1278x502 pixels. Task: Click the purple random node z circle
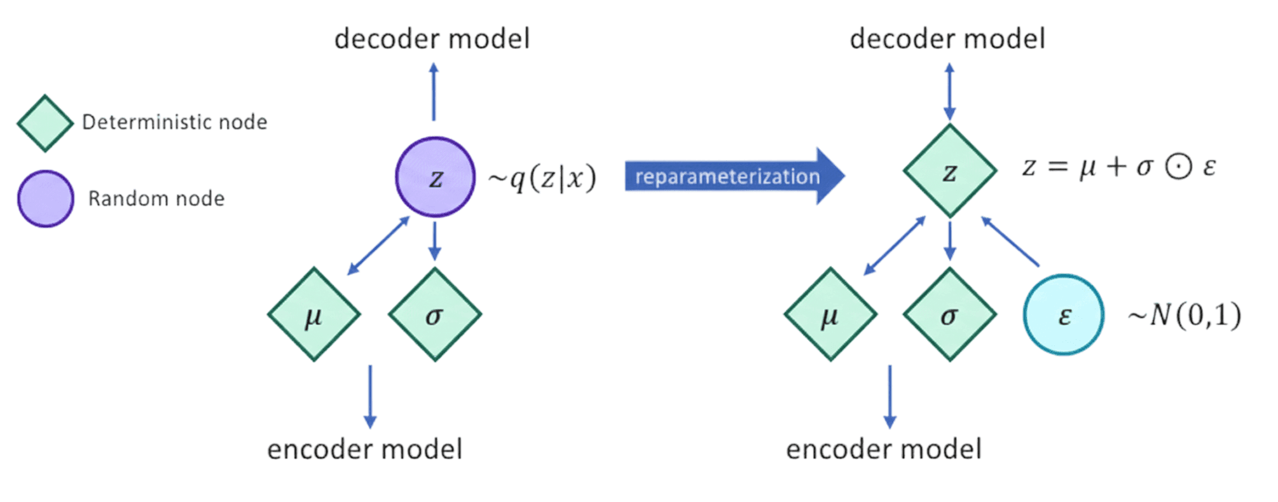pos(435,177)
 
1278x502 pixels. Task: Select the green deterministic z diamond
pos(949,171)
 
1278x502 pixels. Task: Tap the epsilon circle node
pos(1064,314)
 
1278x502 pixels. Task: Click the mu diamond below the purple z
pos(313,314)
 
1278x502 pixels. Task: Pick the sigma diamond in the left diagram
pos(435,314)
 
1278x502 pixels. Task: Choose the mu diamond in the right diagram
pos(830,314)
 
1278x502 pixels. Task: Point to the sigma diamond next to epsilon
pos(949,314)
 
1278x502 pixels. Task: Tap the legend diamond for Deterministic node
pos(45,123)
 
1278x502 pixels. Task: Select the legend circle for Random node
pos(45,199)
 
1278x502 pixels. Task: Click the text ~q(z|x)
pos(542,178)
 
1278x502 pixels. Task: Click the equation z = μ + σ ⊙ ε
pos(1119,167)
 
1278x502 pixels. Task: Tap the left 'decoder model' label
pos(432,39)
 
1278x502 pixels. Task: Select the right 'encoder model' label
pos(884,449)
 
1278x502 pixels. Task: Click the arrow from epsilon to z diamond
pos(1011,242)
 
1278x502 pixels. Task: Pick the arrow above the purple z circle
pos(434,92)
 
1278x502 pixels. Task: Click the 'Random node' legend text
pos(156,199)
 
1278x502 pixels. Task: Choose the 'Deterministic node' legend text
pos(175,122)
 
